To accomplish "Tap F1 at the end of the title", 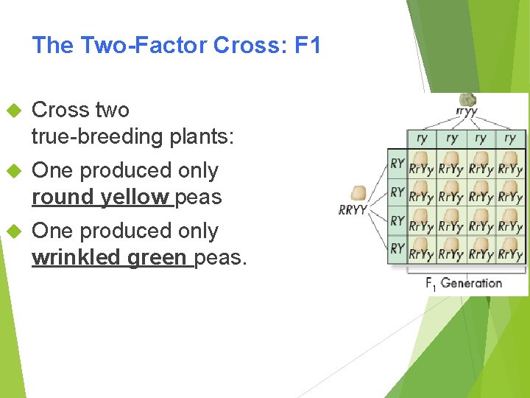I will point(307,46).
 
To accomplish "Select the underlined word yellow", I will point(135,197).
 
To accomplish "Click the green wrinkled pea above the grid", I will point(467,99).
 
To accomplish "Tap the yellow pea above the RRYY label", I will point(358,193).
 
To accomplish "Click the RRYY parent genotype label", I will point(353,210).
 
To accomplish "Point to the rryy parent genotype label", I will point(467,112).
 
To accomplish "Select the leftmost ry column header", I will point(423,138).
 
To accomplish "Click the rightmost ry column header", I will point(510,138).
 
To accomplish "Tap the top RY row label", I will point(397,163).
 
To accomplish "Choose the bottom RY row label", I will point(397,248).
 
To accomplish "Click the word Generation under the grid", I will point(471,283).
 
